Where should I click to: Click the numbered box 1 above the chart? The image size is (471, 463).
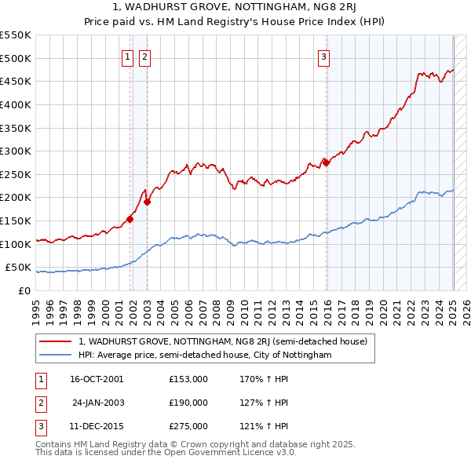pos(127,56)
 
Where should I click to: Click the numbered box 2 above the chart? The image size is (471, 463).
pos(145,56)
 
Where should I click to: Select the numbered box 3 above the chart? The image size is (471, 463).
pos(323,56)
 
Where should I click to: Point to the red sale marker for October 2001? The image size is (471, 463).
pos(130,219)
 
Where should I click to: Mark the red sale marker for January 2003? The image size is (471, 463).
pos(147,202)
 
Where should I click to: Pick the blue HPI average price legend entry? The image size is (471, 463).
pos(204,355)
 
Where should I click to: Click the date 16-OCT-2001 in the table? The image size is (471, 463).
pos(97,379)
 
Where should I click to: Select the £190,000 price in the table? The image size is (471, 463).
pos(188,403)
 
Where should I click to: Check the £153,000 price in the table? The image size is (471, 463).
pos(188,379)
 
